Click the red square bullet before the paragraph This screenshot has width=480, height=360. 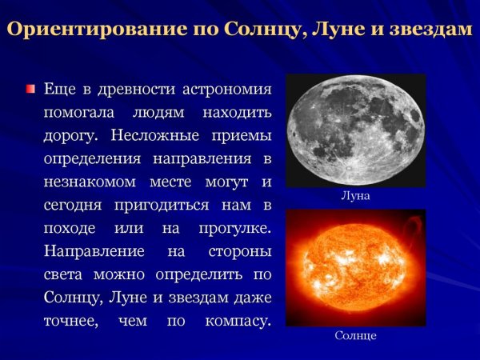pos(30,88)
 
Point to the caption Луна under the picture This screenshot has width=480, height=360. pos(355,195)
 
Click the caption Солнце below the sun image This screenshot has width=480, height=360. pos(355,336)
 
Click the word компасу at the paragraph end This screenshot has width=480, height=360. pos(232,322)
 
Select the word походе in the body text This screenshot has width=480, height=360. pos(70,229)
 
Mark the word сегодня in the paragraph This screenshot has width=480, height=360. pos(72,206)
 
